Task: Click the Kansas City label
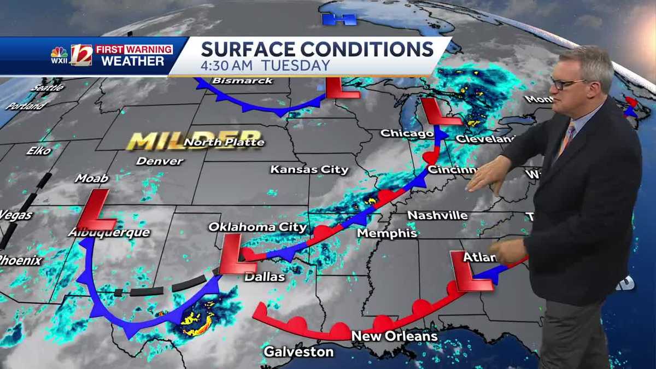click(309, 169)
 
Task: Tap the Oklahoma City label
click(257, 227)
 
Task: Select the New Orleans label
click(394, 336)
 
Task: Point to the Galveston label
click(298, 351)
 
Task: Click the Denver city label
click(160, 161)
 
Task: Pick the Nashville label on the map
click(437, 215)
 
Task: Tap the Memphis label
click(386, 233)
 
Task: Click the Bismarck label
click(242, 81)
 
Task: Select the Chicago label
click(407, 133)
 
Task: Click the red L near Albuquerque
click(96, 210)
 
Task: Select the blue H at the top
click(339, 19)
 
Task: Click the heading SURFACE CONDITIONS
click(317, 49)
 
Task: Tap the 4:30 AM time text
click(227, 65)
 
